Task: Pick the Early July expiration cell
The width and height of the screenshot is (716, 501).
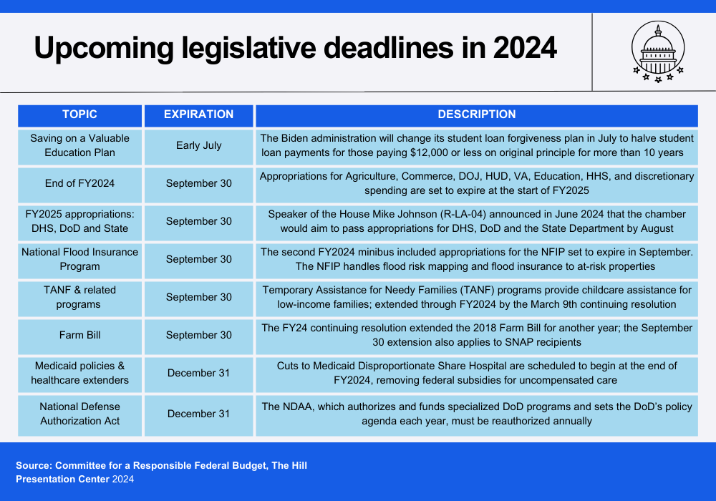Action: click(x=198, y=146)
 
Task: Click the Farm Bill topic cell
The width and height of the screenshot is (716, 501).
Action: click(x=80, y=336)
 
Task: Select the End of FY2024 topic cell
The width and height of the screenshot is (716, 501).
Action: click(x=80, y=184)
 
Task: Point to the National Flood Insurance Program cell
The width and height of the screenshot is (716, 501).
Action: click(x=80, y=260)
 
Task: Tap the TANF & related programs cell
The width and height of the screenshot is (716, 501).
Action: click(x=80, y=298)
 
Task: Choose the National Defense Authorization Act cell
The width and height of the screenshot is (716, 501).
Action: click(x=80, y=414)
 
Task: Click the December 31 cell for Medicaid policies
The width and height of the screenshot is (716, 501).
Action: click(x=198, y=374)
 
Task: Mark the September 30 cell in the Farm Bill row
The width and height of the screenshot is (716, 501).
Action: click(x=198, y=336)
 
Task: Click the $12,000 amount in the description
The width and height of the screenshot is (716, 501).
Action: click(x=429, y=153)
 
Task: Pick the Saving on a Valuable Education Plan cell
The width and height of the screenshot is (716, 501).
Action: click(x=80, y=146)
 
